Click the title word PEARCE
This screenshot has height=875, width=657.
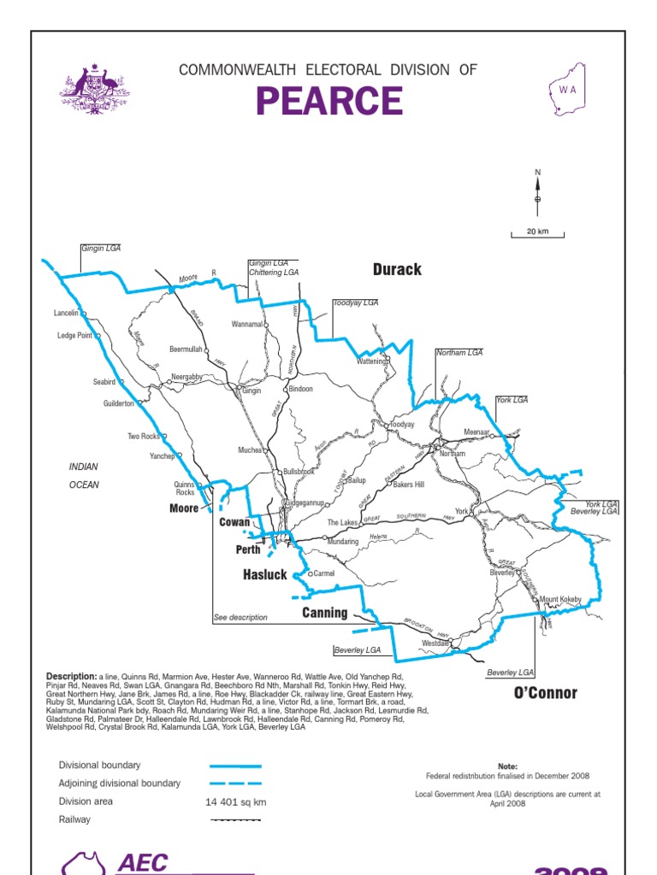tap(328, 102)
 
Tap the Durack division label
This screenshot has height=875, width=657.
tap(397, 270)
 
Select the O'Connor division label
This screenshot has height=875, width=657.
tap(545, 693)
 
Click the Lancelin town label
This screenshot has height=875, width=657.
tap(66, 314)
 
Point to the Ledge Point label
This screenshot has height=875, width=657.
tap(74, 336)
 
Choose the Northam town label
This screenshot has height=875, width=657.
tap(452, 454)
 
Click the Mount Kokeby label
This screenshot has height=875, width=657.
tap(560, 600)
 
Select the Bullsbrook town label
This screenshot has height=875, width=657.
tap(299, 472)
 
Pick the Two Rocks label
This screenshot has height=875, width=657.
tap(145, 437)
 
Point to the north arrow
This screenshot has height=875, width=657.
tap(537, 192)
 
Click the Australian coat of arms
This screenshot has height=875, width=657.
tap(94, 89)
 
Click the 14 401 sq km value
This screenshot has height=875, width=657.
tap(236, 802)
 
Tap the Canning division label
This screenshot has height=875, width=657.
tap(324, 613)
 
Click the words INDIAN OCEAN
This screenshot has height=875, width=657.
tap(84, 476)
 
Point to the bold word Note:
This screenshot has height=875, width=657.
tap(507, 766)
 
